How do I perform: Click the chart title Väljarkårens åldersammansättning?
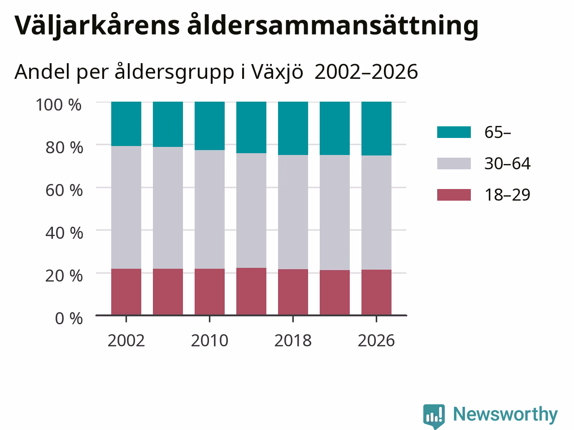pos(246,26)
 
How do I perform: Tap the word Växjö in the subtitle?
pos(277,72)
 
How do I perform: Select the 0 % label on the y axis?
pos(69,318)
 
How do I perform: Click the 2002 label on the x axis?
pos(126,340)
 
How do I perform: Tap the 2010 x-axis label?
pos(209,340)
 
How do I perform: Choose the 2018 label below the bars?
pos(293,340)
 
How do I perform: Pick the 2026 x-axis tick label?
pos(376,340)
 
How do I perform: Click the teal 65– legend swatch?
pos(454,132)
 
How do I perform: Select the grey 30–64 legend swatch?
pos(454,163)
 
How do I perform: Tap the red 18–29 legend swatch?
pos(454,195)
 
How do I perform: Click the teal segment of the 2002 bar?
pos(126,124)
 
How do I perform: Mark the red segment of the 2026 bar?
pos(376,292)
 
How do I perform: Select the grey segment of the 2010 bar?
pos(209,209)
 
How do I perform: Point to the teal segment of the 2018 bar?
pos(293,129)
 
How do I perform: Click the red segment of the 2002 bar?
pos(126,292)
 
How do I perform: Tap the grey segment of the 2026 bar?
pos(376,212)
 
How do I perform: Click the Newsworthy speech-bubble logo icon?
pos(434,416)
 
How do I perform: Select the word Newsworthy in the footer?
pos(505,414)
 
